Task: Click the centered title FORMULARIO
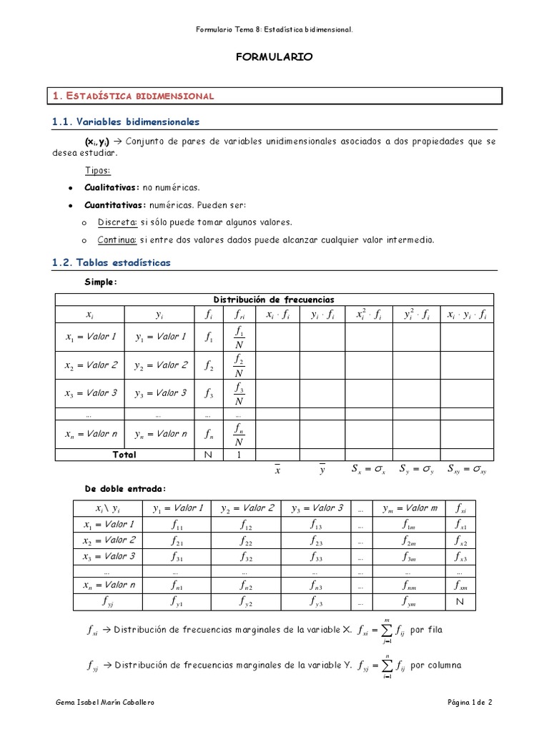click(x=274, y=58)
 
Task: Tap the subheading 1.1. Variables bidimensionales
click(x=127, y=122)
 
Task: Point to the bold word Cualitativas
click(x=112, y=187)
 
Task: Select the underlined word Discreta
click(x=117, y=222)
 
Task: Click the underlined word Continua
click(x=117, y=239)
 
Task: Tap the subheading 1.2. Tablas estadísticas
click(x=112, y=263)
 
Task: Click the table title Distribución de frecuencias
click(x=274, y=300)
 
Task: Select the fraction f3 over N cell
click(x=239, y=393)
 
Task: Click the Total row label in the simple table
click(x=124, y=455)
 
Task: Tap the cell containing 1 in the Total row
click(x=239, y=455)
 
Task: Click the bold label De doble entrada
click(x=124, y=488)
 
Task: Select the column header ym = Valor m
click(x=409, y=508)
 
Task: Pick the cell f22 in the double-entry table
click(x=247, y=540)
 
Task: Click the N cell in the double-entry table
click(x=460, y=602)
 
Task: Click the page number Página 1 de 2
click(x=470, y=703)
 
